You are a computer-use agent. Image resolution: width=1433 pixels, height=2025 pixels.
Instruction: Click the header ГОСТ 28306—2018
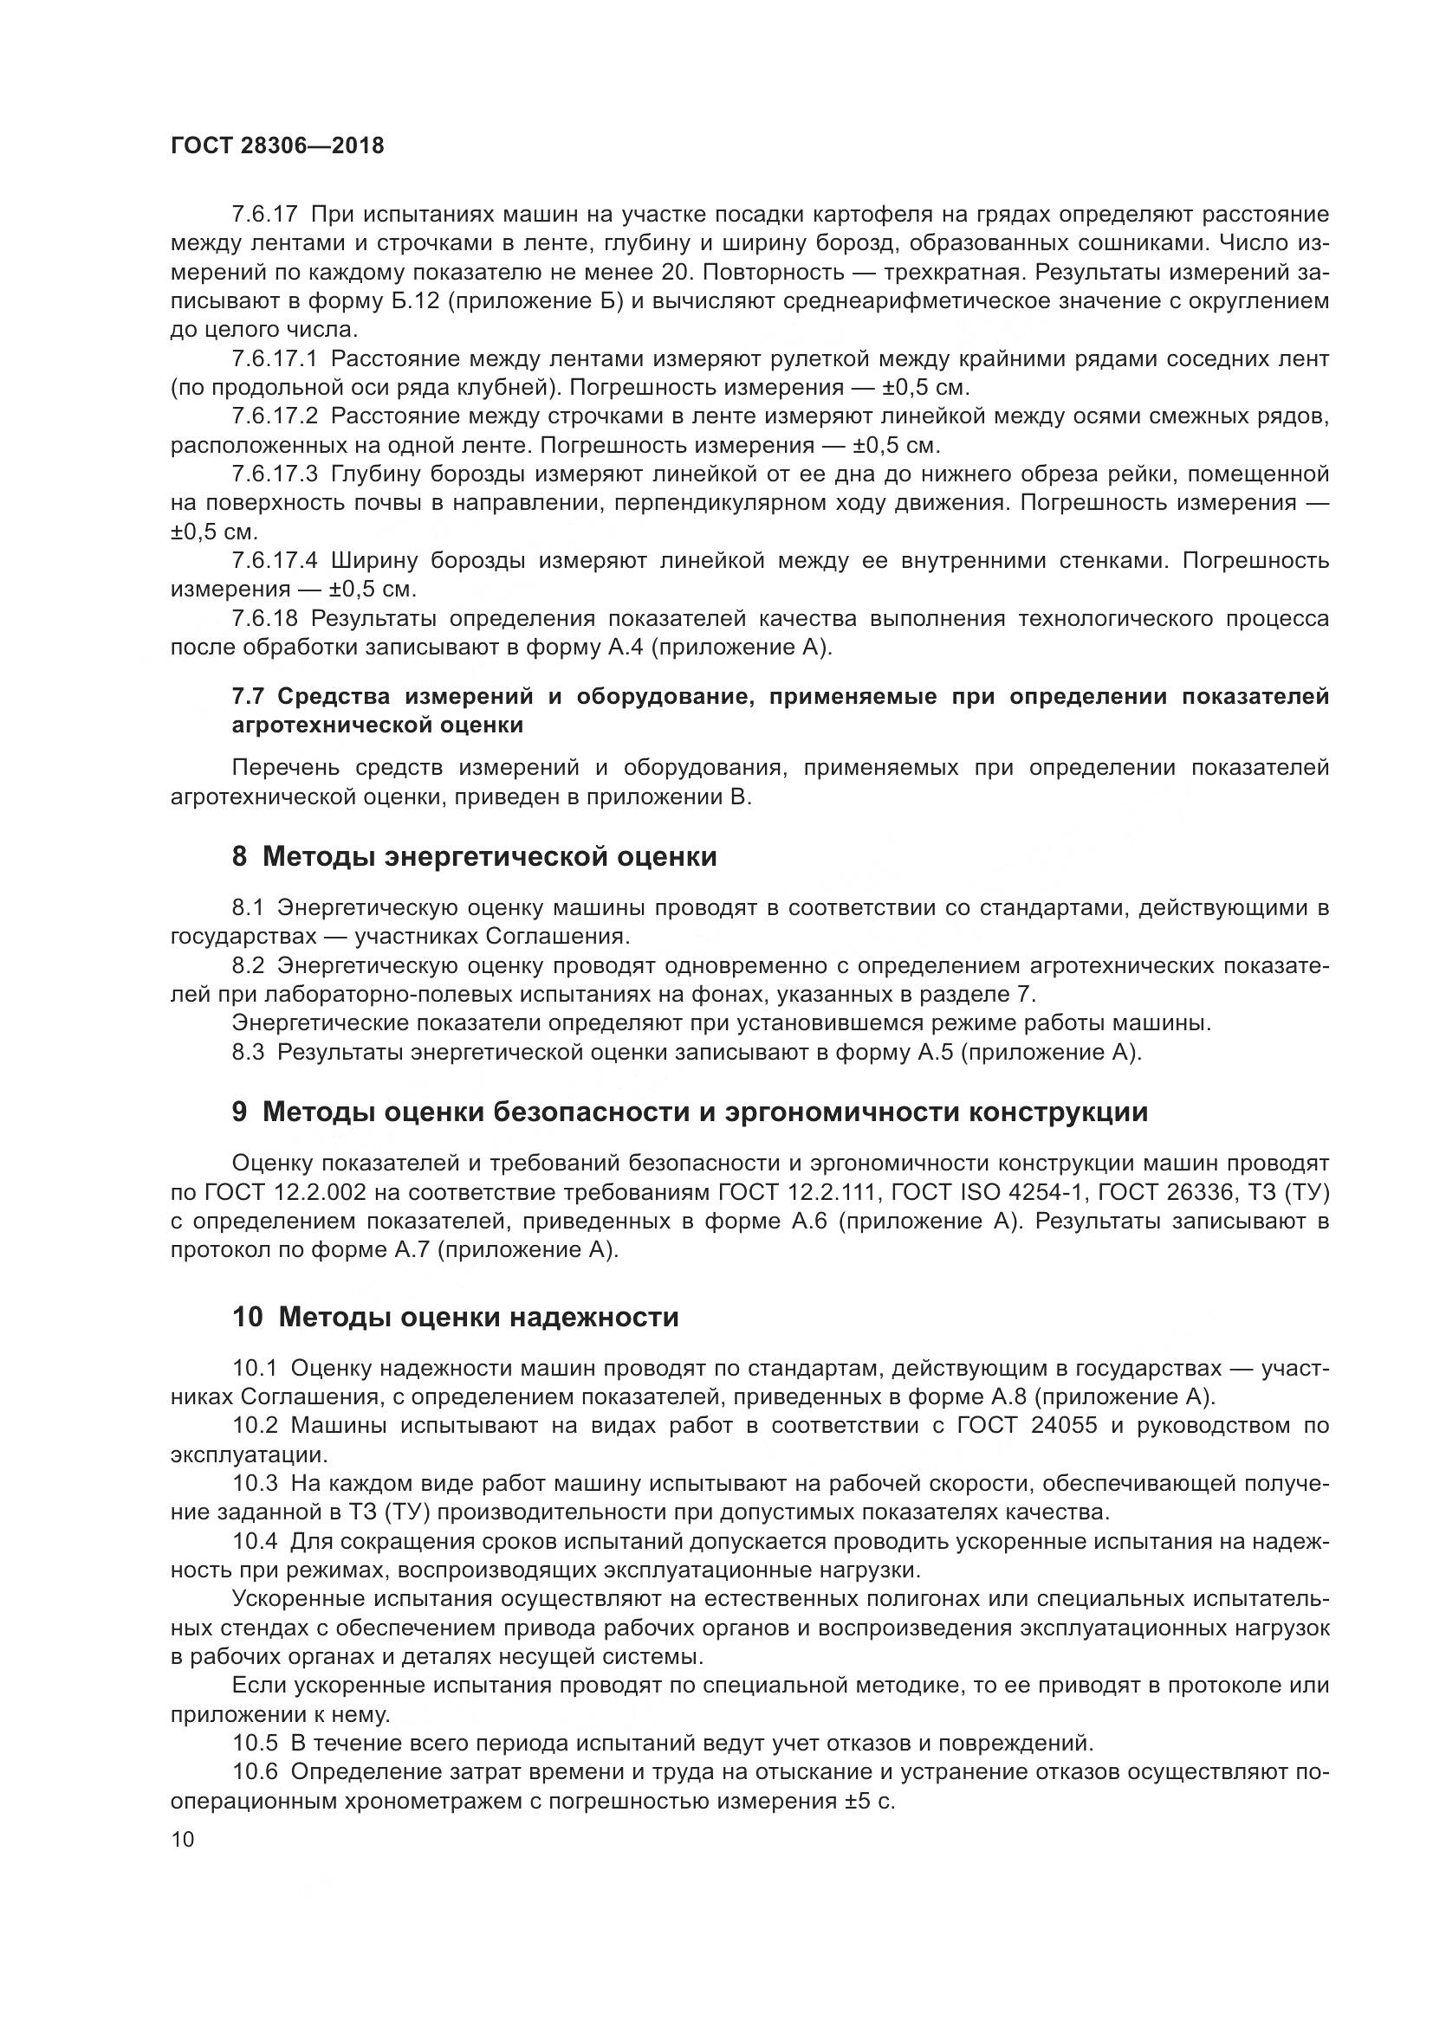(x=277, y=146)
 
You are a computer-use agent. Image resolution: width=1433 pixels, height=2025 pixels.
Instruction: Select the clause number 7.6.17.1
(x=276, y=359)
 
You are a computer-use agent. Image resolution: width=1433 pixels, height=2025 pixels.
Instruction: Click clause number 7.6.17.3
(x=276, y=474)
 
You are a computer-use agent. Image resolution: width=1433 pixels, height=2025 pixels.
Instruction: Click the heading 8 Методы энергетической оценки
(x=474, y=856)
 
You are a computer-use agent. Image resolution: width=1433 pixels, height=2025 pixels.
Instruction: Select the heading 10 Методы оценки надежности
(x=456, y=1317)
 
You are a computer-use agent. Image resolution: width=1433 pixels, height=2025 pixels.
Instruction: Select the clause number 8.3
(x=248, y=1052)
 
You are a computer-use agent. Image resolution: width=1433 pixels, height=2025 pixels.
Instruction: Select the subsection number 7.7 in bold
(x=248, y=697)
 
